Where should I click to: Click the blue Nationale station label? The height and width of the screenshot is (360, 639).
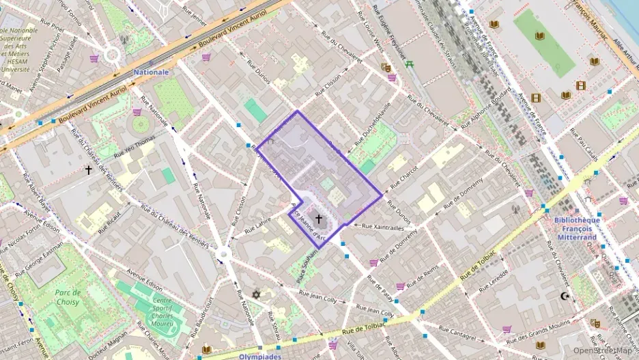click(151, 72)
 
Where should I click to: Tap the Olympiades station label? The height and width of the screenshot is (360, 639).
click(260, 356)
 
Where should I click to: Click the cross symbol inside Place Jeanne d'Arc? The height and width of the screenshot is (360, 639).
click(319, 219)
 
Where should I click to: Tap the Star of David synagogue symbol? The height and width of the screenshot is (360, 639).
click(257, 294)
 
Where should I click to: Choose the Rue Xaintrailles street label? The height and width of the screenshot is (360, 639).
click(383, 227)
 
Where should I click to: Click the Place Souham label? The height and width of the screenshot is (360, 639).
click(308, 266)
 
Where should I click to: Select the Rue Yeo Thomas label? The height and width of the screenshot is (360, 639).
click(134, 148)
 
